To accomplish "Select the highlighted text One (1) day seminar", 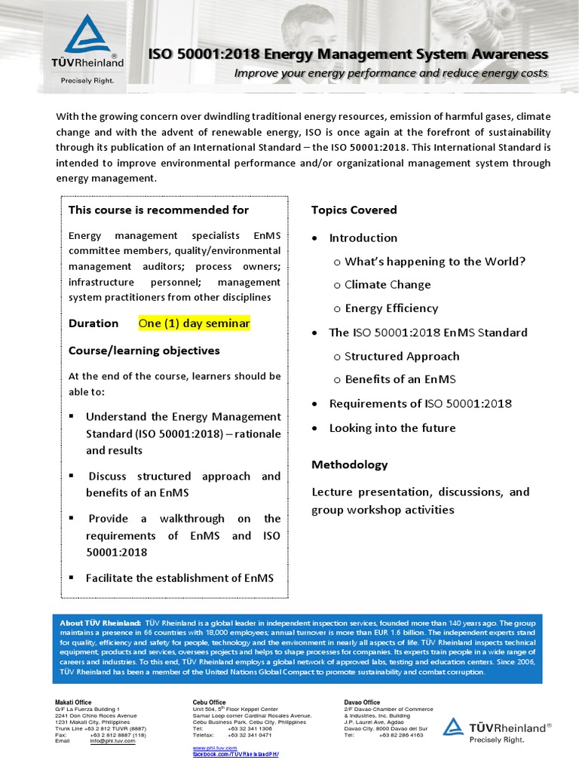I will (194, 323).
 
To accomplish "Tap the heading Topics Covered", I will (354, 210).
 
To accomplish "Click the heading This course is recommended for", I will (158, 210).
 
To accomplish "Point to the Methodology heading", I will (350, 464).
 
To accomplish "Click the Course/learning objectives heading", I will (144, 351).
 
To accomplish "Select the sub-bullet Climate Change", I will (388, 285).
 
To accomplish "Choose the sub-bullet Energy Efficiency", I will (391, 308).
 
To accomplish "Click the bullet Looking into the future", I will (392, 428).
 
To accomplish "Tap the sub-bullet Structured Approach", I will (401, 357).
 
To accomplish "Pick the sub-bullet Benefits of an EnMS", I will (400, 380).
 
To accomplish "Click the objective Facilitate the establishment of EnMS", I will (179, 578).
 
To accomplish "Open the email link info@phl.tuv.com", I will (112, 741).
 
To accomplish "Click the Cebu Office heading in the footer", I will (209, 703).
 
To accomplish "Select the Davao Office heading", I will (362, 703).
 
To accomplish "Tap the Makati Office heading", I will (74, 703).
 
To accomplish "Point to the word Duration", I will (93, 323).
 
